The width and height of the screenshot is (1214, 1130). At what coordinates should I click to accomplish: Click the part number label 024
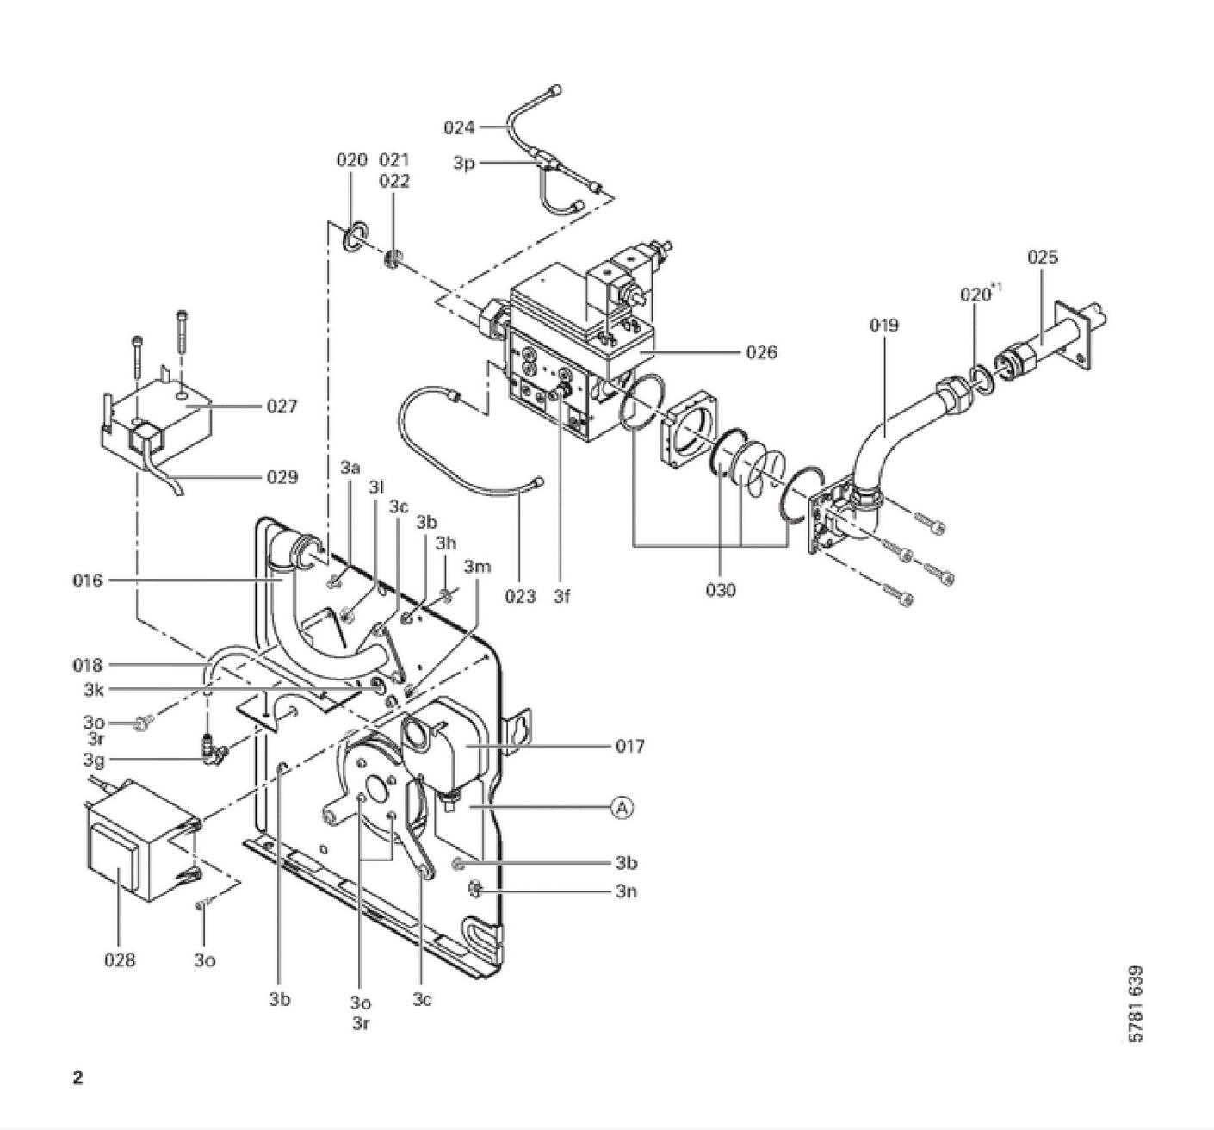(459, 127)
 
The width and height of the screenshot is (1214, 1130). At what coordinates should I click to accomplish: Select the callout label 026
(762, 352)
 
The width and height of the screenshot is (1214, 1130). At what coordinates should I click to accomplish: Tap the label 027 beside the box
(282, 406)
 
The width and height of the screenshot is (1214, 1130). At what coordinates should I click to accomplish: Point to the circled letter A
(622, 808)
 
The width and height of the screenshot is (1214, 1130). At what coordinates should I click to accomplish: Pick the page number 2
(77, 1078)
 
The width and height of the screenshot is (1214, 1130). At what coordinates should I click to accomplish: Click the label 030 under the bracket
(721, 590)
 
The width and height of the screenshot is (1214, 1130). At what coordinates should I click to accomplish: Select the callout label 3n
(627, 892)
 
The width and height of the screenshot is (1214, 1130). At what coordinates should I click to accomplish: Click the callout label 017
(630, 746)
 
